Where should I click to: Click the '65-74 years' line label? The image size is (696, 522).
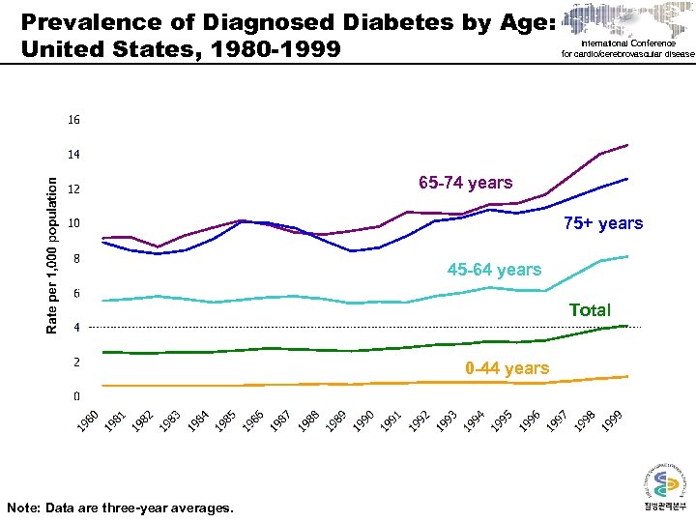pyautogui.click(x=466, y=183)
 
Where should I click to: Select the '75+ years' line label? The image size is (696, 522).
pyautogui.click(x=602, y=223)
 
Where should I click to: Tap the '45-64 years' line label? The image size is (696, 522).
pyautogui.click(x=494, y=269)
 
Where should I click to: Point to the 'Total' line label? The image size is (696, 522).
pyautogui.click(x=590, y=310)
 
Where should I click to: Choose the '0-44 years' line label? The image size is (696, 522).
pyautogui.click(x=507, y=368)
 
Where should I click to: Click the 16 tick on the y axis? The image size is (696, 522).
pyautogui.click(x=74, y=121)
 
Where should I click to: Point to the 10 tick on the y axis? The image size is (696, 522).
pyautogui.click(x=74, y=224)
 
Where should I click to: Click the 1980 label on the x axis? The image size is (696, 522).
pyautogui.click(x=88, y=421)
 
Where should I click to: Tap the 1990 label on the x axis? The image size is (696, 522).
pyautogui.click(x=364, y=421)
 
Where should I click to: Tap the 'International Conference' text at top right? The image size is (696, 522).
pyautogui.click(x=628, y=43)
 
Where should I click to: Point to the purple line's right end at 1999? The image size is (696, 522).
pyautogui.click(x=627, y=145)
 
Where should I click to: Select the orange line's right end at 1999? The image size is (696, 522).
pyautogui.click(x=627, y=376)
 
